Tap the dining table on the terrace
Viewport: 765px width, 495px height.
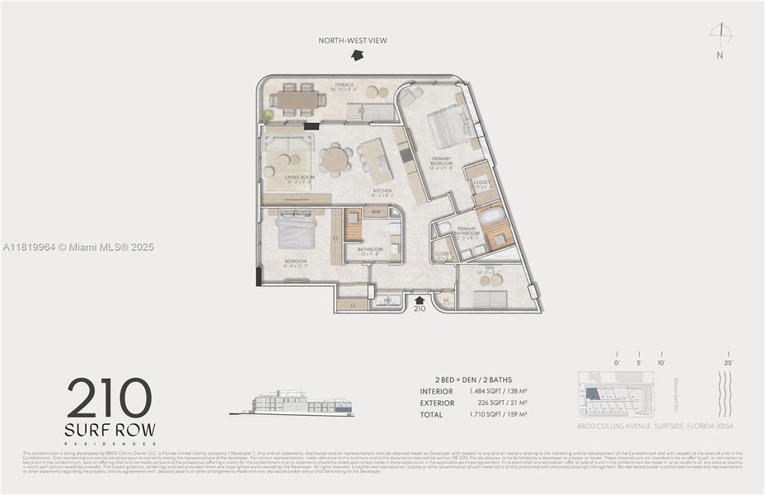[296, 100]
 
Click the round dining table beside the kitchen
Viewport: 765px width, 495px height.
[336, 159]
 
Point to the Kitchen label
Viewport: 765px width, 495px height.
[382, 191]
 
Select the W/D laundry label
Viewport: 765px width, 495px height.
[387, 301]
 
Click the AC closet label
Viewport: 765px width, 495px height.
[446, 300]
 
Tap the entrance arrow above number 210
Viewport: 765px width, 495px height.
[419, 299]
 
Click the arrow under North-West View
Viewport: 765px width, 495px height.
[356, 54]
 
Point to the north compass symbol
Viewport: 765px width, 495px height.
[720, 34]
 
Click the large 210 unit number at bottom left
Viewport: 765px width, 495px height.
[110, 399]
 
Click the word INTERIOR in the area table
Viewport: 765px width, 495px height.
[437, 391]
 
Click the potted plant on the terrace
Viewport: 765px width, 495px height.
[267, 115]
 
